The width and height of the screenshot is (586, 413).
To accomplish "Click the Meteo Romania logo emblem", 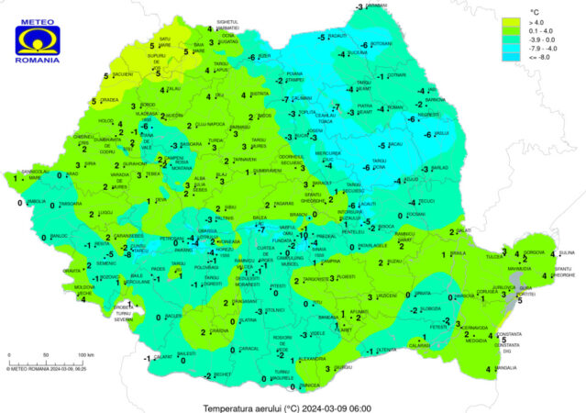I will (x=38, y=37).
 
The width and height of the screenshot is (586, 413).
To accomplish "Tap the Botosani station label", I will (x=382, y=43).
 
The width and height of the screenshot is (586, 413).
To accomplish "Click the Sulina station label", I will (x=566, y=251).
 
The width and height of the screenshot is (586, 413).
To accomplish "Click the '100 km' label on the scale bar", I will (x=86, y=354).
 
